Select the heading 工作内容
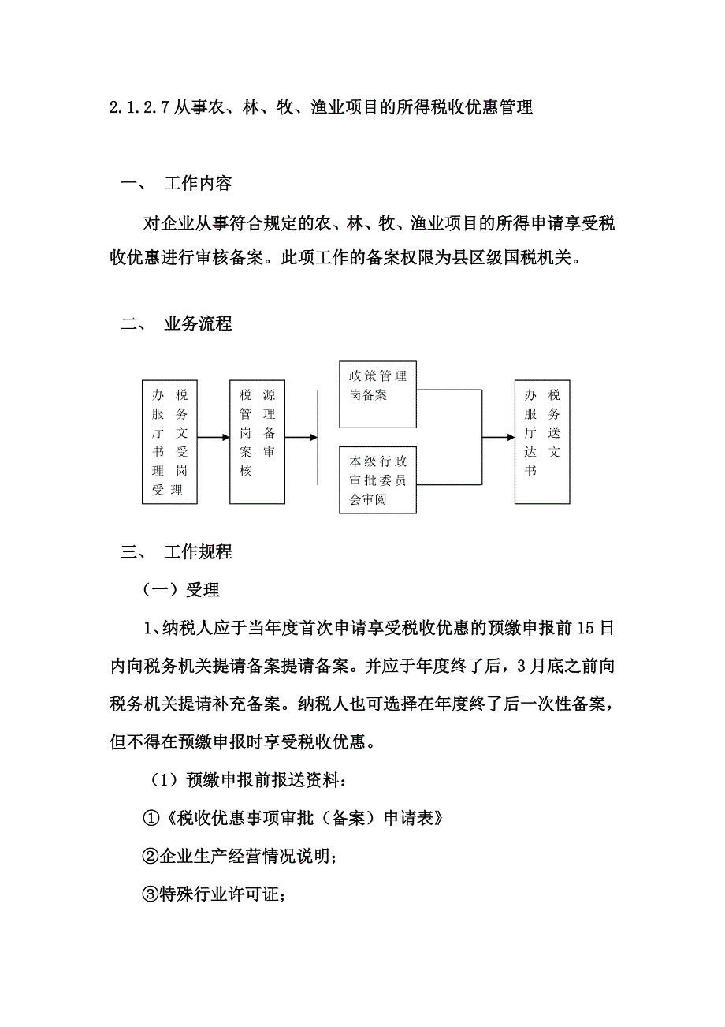pyautogui.click(x=198, y=184)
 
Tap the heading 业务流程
pyautogui.click(x=198, y=324)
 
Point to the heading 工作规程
pyautogui.click(x=198, y=552)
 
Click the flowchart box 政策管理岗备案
pyautogui.click(x=377, y=395)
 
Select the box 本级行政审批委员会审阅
pyautogui.click(x=377, y=480)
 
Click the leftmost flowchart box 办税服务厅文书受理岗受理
pyautogui.click(x=169, y=442)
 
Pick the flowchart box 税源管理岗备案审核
pyautogui.click(x=257, y=442)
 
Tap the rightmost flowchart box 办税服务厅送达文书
pyautogui.click(x=542, y=442)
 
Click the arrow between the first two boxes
pyautogui.click(x=214, y=437)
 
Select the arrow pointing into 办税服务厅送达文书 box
pyautogui.click(x=497, y=437)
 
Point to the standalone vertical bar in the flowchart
pyautogui.click(x=317, y=437)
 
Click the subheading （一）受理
pyautogui.click(x=180, y=590)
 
